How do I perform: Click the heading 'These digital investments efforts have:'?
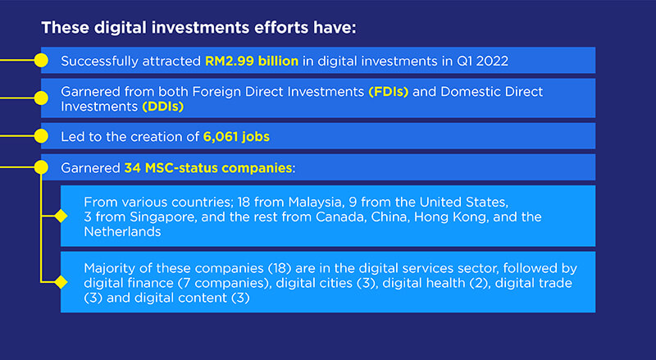pyautogui.click(x=198, y=28)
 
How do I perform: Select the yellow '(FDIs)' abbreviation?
pyautogui.click(x=389, y=92)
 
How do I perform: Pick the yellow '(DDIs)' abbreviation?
pyautogui.click(x=163, y=106)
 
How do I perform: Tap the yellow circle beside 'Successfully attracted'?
pyautogui.click(x=41, y=61)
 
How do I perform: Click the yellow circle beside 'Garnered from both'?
pyautogui.click(x=41, y=98)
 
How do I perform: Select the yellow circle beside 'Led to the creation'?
pyautogui.click(x=41, y=135)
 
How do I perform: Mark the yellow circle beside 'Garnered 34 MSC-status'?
pyautogui.click(x=41, y=167)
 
